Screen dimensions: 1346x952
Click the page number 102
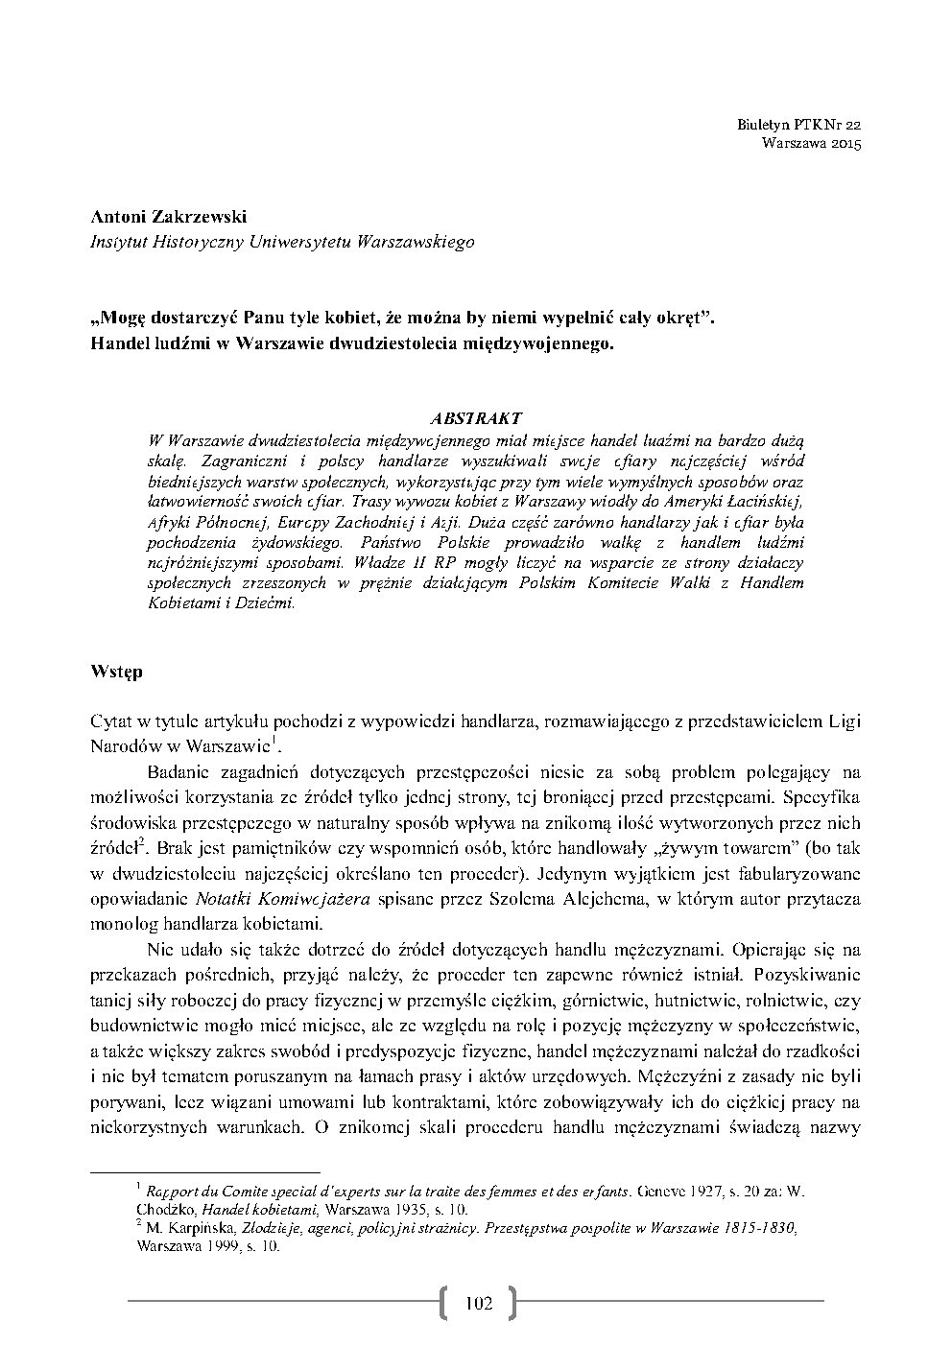click(x=477, y=1302)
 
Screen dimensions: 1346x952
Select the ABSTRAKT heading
click(x=475, y=418)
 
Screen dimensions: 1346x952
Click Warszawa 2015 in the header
click(x=811, y=144)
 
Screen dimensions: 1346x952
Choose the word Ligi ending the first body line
click(x=844, y=720)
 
